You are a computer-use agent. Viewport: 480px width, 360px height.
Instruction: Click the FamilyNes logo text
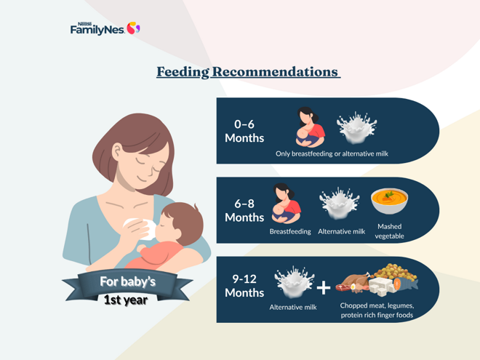point(97,28)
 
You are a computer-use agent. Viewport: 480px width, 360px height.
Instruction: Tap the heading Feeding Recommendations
point(248,72)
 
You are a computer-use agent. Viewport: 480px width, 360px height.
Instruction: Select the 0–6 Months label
point(244,131)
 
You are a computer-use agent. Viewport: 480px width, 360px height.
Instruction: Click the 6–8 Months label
point(244,211)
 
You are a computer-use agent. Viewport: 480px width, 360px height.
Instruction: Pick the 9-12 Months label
point(244,285)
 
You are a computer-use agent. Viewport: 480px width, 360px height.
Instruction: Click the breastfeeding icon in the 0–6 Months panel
point(310,127)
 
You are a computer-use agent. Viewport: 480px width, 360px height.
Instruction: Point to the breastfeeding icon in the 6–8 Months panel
point(286,204)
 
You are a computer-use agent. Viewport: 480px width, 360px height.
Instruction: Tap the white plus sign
point(323,288)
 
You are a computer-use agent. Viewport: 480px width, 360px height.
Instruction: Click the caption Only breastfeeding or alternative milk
point(332,154)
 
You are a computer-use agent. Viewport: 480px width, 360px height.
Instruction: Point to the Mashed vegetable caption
point(389,231)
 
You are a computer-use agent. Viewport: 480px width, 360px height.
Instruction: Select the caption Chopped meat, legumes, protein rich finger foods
point(376,310)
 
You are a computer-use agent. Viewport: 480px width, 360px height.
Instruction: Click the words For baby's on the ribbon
point(127,281)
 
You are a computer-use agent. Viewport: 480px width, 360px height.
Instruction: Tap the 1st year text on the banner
point(126,299)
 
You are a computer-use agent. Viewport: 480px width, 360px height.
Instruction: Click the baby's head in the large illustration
point(178,223)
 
